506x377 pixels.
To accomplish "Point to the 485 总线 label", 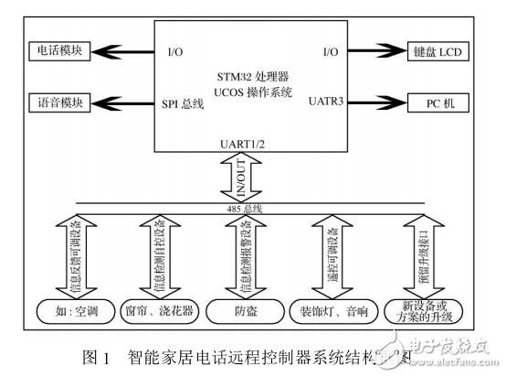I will point(248,210).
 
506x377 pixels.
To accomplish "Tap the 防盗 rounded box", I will point(248,312).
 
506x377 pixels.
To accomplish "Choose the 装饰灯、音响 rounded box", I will point(333,312).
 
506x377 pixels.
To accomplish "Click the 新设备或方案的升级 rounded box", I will point(421,312).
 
